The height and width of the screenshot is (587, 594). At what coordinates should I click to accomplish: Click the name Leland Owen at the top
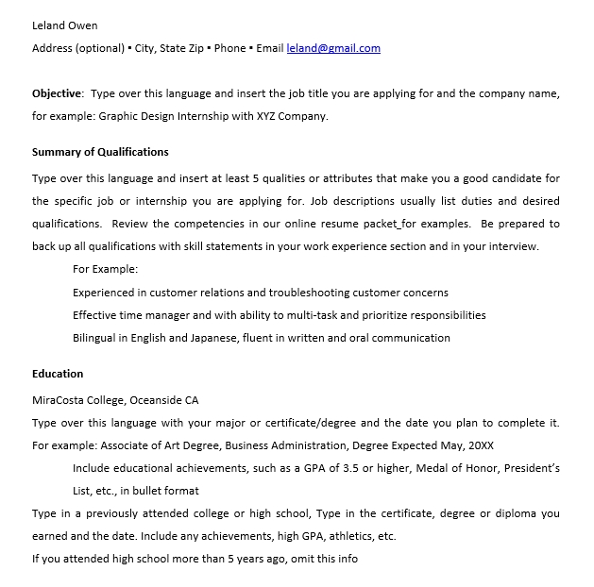pos(64,25)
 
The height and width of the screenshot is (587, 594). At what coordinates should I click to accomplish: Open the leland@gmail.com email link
pos(333,48)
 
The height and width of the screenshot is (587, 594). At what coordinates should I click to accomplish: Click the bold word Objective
pos(57,94)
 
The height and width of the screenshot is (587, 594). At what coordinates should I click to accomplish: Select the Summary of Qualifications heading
pos(100,152)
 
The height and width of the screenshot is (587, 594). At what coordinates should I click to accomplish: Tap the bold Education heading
pos(58,374)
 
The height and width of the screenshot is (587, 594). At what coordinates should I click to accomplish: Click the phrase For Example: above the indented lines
pos(105,269)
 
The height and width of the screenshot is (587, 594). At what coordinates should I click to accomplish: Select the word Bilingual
pos(97,338)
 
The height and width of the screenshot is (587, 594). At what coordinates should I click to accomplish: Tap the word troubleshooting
pos(307,293)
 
